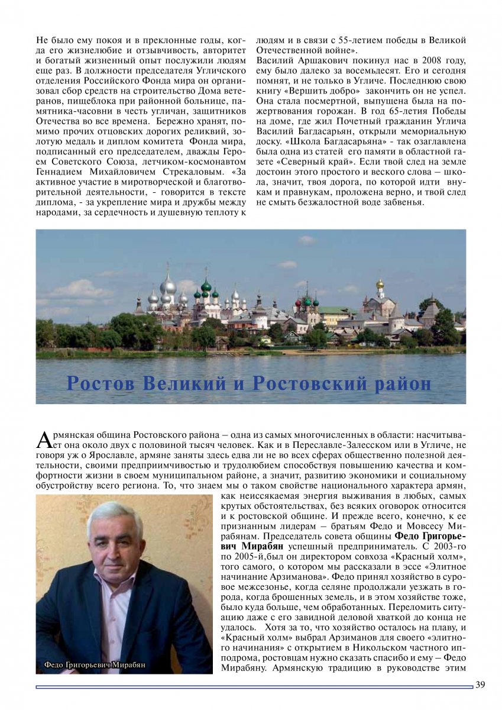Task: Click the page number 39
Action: (480, 685)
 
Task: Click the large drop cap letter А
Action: (45, 439)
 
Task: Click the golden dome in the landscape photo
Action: (380, 284)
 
